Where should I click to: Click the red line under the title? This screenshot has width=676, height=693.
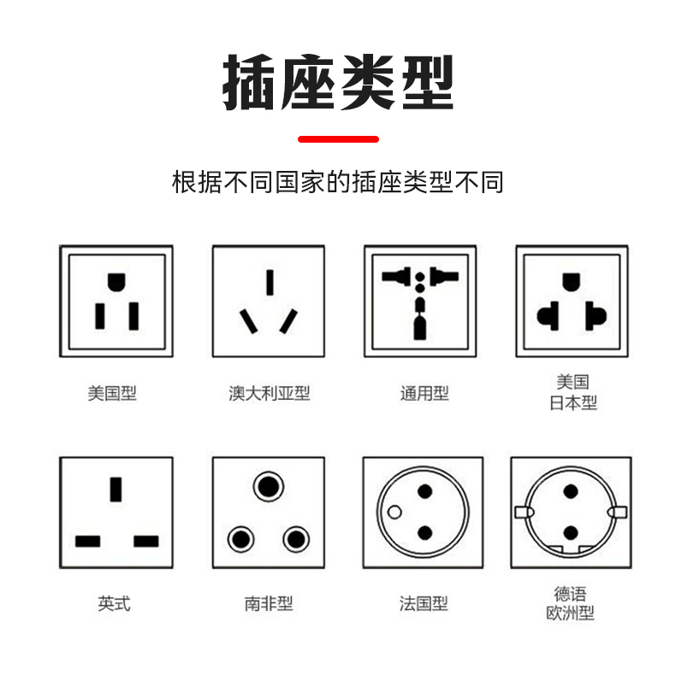[338, 139]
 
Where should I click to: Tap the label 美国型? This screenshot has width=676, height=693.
[112, 393]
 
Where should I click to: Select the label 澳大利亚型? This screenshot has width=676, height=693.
[270, 393]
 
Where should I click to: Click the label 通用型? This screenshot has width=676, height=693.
[424, 393]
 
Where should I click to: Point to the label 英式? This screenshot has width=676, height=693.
[114, 603]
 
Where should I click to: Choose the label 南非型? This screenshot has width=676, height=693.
[269, 603]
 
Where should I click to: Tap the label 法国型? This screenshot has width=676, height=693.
[424, 603]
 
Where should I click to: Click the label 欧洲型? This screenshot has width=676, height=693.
[570, 613]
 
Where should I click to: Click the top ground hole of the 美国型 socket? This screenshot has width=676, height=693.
[116, 282]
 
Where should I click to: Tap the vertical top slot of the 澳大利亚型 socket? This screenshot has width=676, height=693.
[270, 283]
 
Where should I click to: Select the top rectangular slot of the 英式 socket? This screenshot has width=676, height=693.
[116, 490]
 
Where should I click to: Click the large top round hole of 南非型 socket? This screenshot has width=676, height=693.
[269, 487]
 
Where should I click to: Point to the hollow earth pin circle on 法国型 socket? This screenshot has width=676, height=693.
[394, 512]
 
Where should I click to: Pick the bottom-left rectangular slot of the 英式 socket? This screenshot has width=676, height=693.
[87, 541]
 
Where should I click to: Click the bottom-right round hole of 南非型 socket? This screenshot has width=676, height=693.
[296, 539]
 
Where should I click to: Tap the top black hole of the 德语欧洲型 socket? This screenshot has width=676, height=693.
[570, 491]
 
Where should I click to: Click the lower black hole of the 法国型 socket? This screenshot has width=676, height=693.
[425, 533]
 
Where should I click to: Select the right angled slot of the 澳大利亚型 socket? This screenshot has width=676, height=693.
[288, 321]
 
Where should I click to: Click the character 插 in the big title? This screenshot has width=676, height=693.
[250, 82]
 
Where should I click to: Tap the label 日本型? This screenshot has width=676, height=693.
[573, 402]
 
